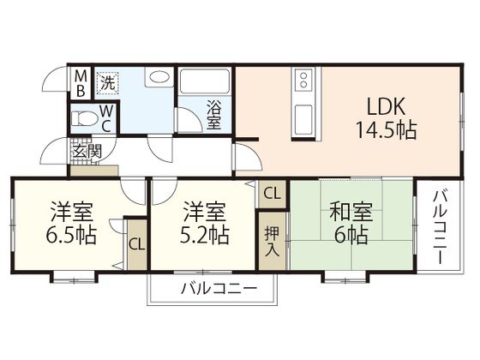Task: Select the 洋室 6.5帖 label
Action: (71, 222)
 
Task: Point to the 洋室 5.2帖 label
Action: (204, 222)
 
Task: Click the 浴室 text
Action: (213, 116)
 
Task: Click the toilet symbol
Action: (86, 117)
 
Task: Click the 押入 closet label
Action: (271, 242)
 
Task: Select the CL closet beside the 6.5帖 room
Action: (136, 243)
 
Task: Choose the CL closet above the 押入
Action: (271, 194)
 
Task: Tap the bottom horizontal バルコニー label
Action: (218, 289)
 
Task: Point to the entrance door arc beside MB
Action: (56, 86)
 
